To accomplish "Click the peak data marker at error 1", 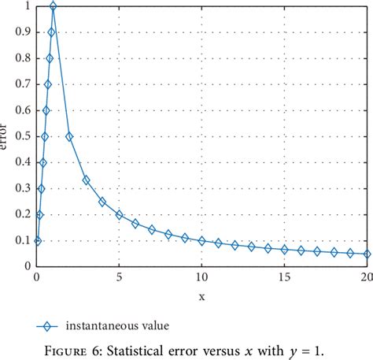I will click(53, 6).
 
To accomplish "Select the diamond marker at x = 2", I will click(69, 136).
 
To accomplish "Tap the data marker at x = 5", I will click(119, 214).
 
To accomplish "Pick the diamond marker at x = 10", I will click(202, 240).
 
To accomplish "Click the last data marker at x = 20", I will click(367, 254).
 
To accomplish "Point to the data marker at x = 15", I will click(285, 249).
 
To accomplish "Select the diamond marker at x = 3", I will click(86, 180).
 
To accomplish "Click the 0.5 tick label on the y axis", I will click(23, 136).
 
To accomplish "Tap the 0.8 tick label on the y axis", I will click(23, 58).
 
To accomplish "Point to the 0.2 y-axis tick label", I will click(23, 214).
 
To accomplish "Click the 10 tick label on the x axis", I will click(202, 277).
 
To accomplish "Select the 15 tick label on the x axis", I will click(285, 277).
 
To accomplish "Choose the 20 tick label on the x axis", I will click(366, 277).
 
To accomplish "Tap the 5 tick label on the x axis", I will click(120, 277).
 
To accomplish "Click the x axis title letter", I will click(201, 297).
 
